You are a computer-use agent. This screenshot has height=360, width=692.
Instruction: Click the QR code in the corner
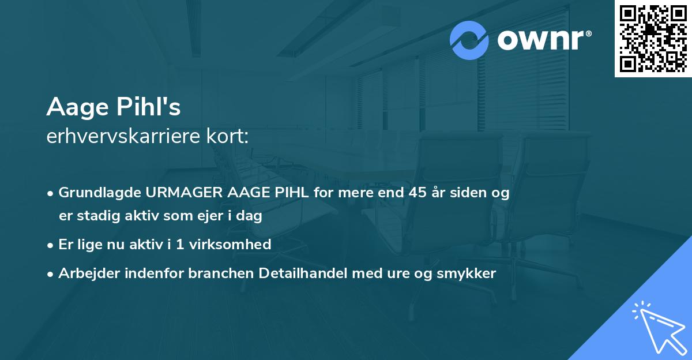[x=653, y=39]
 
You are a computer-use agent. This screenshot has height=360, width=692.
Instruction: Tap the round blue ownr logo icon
[x=469, y=40]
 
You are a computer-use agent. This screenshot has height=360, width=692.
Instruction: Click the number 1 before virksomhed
[x=180, y=244]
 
